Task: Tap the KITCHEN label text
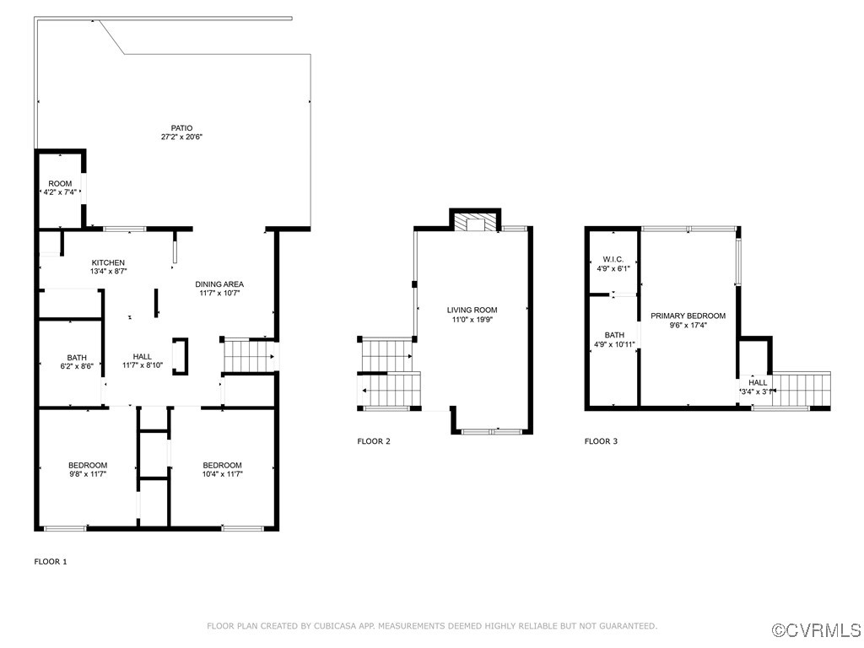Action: (108, 262)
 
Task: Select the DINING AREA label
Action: (219, 284)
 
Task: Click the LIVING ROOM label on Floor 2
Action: (472, 310)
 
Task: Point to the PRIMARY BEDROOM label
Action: (688, 316)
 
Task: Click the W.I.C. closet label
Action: (613, 259)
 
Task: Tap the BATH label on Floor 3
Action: (613, 335)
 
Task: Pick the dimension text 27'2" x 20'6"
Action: (181, 137)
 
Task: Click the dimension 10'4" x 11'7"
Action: (223, 474)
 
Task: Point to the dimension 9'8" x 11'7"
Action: (88, 474)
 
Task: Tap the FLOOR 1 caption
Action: (51, 561)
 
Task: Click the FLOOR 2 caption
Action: (374, 441)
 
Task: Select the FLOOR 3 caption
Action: (602, 441)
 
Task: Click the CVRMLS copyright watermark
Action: (817, 630)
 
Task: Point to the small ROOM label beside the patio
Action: (60, 184)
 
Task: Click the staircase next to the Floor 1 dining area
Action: (248, 354)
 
